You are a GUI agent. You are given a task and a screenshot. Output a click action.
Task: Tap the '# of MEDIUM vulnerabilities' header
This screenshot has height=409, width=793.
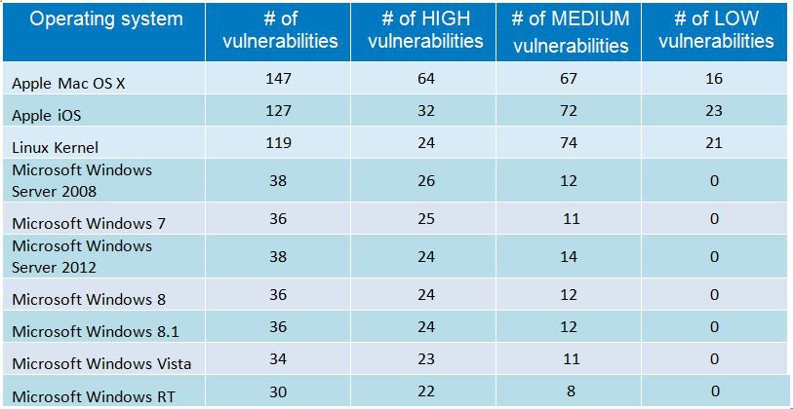coord(571,31)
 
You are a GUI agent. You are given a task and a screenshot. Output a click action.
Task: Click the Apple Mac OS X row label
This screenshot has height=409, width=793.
coord(68,84)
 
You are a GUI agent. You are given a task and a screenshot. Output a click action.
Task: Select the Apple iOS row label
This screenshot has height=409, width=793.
coord(47,115)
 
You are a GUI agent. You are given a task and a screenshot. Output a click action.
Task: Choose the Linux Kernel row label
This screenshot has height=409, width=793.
coord(55,145)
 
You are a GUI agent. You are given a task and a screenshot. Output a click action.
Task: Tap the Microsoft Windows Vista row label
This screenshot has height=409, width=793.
coord(101,364)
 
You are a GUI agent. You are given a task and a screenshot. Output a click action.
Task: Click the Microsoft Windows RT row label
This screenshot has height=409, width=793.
coord(93,395)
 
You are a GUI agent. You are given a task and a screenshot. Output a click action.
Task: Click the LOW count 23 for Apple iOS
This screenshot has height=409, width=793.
coord(714,113)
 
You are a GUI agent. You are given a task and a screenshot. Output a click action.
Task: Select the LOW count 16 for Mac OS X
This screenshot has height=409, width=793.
coord(714,83)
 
